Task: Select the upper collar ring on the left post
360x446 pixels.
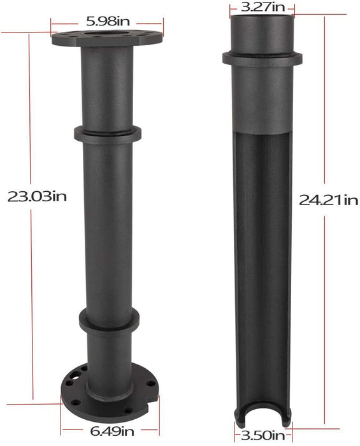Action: (x=107, y=134)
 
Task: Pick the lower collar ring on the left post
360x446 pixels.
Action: (x=107, y=317)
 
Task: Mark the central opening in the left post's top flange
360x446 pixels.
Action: (x=106, y=32)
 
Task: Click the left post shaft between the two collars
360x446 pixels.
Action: (x=107, y=223)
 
